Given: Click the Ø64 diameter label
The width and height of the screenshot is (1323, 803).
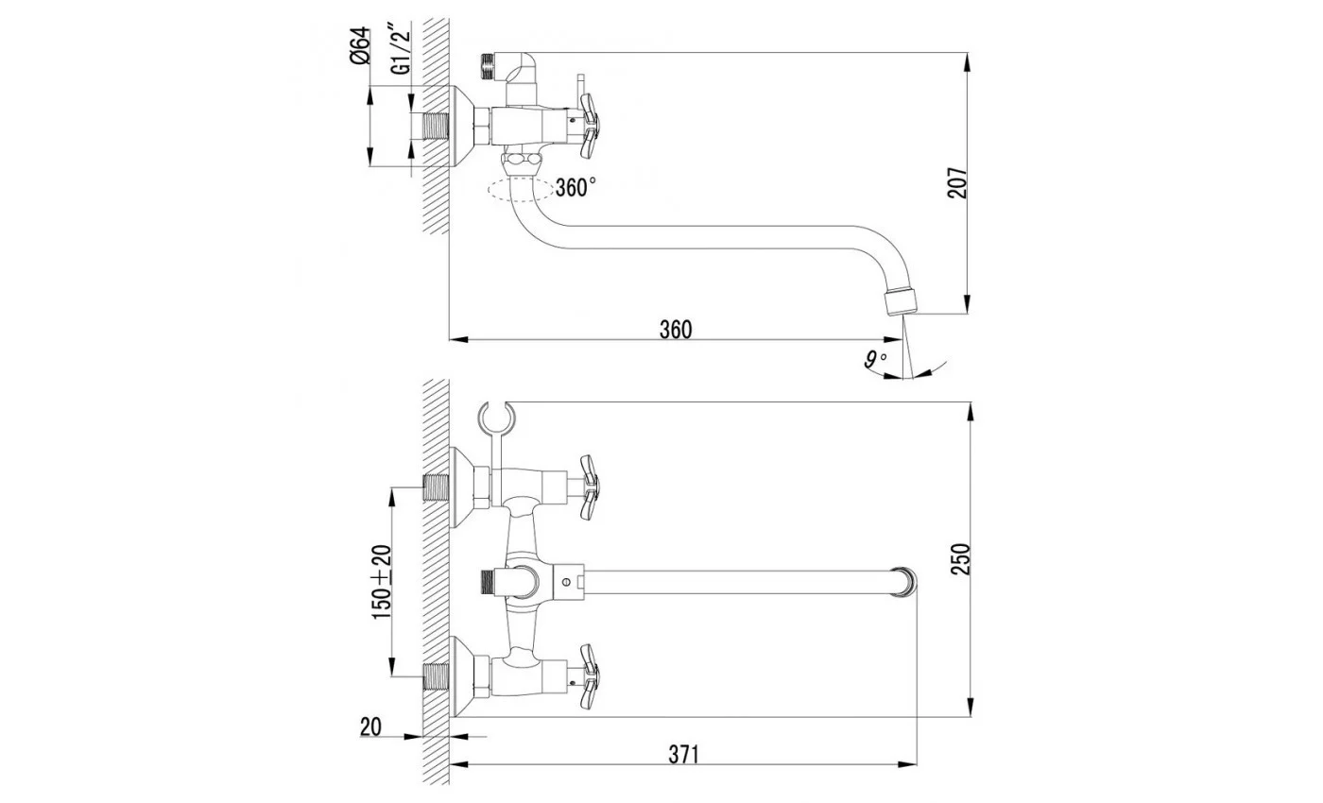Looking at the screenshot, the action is pyautogui.click(x=359, y=45).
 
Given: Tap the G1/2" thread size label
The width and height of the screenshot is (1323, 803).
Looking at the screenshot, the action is pyautogui.click(x=401, y=48).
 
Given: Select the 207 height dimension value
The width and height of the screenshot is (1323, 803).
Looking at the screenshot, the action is pyautogui.click(x=957, y=183).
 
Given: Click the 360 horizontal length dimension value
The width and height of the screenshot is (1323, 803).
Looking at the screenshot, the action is pyautogui.click(x=675, y=330).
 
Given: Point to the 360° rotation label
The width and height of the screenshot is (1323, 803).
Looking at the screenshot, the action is pyautogui.click(x=576, y=188).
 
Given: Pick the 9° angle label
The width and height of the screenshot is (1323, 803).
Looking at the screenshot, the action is pyautogui.click(x=875, y=360).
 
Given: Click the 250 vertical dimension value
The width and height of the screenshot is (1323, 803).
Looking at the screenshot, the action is pyautogui.click(x=960, y=558).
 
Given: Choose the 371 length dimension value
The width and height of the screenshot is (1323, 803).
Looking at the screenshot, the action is pyautogui.click(x=683, y=754).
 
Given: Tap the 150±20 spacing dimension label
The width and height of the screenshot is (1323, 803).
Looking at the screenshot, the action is pyautogui.click(x=382, y=582).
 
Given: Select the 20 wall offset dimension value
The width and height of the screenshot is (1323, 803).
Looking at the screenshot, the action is pyautogui.click(x=370, y=726).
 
